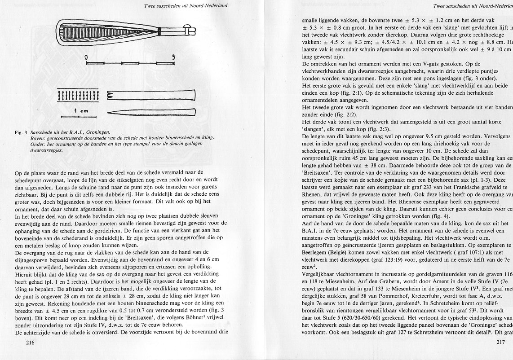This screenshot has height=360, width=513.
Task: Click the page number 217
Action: [501, 355]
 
